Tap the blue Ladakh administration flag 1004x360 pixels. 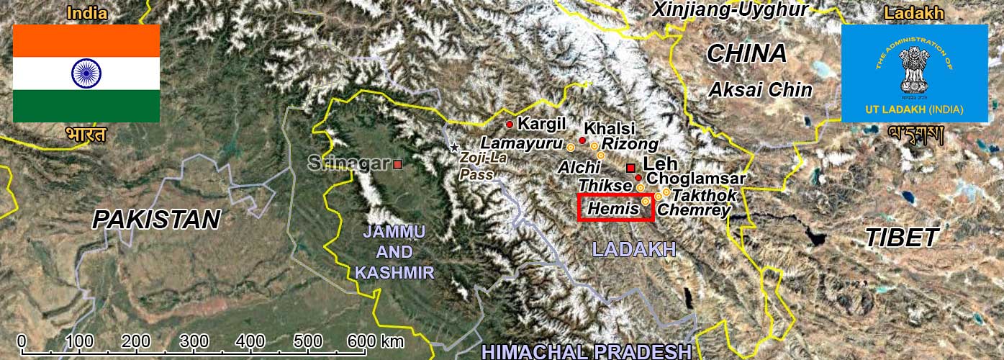point(914,73)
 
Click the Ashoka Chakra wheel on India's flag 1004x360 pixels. point(86,73)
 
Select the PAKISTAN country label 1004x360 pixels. point(156,220)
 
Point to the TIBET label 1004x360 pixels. point(902,237)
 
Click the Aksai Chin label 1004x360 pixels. point(760,90)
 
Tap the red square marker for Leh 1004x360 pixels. point(631,168)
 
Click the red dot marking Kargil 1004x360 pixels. point(510,125)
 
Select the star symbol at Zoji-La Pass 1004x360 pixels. point(454,148)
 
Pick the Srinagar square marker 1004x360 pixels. point(397,164)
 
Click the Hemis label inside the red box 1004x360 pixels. point(614,209)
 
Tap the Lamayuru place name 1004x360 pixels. point(521,143)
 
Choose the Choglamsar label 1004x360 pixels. point(695,178)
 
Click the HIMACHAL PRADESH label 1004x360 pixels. point(586,351)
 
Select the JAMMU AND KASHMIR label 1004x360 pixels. point(394,252)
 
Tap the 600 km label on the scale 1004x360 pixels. point(375,341)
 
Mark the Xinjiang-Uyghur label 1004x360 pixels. point(730,9)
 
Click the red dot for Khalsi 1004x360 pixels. point(582,140)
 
